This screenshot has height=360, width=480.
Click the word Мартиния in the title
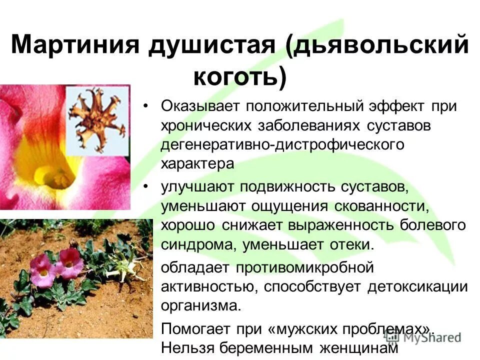[73, 46]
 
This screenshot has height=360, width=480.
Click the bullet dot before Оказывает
[145, 107]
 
